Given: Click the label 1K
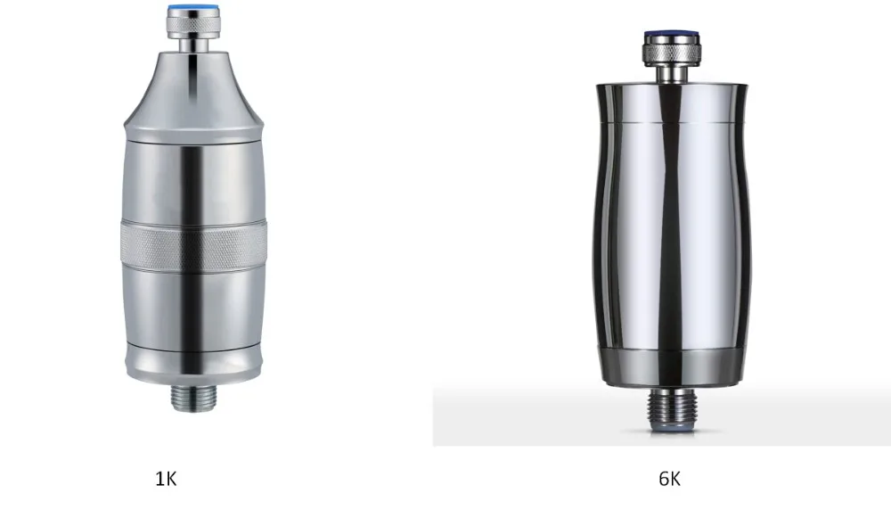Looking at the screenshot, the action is click(x=166, y=479).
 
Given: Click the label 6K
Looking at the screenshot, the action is click(x=669, y=479).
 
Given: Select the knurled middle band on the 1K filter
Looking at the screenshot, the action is click(x=193, y=246).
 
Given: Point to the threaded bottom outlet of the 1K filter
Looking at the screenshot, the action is click(x=193, y=398).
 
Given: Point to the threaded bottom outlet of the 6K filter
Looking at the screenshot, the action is click(x=672, y=408).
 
